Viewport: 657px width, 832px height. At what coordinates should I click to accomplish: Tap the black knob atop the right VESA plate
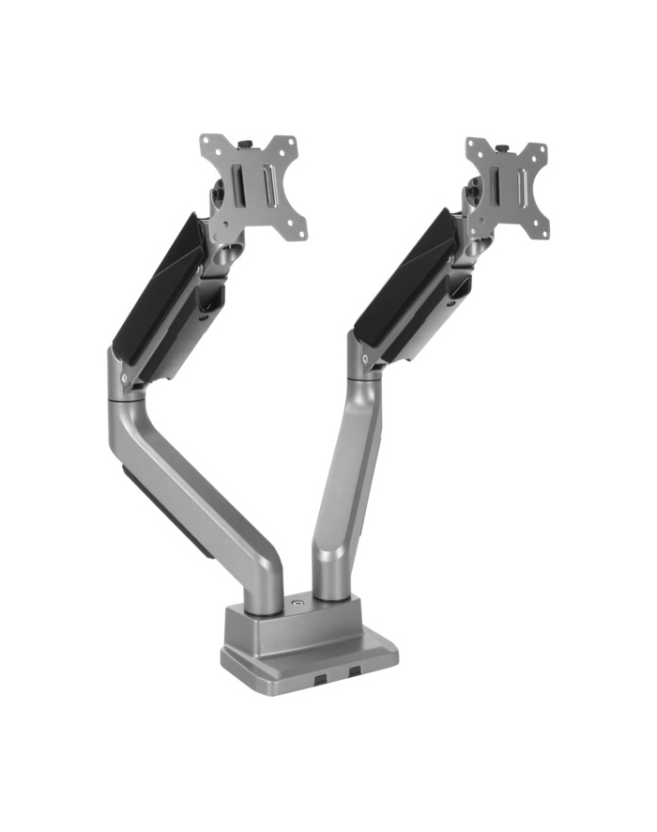pos(503,148)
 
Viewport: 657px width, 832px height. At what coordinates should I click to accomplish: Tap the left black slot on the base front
pos(322,675)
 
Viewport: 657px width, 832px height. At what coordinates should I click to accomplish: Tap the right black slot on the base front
pos(355,672)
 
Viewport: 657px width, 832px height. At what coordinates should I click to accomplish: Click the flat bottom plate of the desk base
pos(310,662)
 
